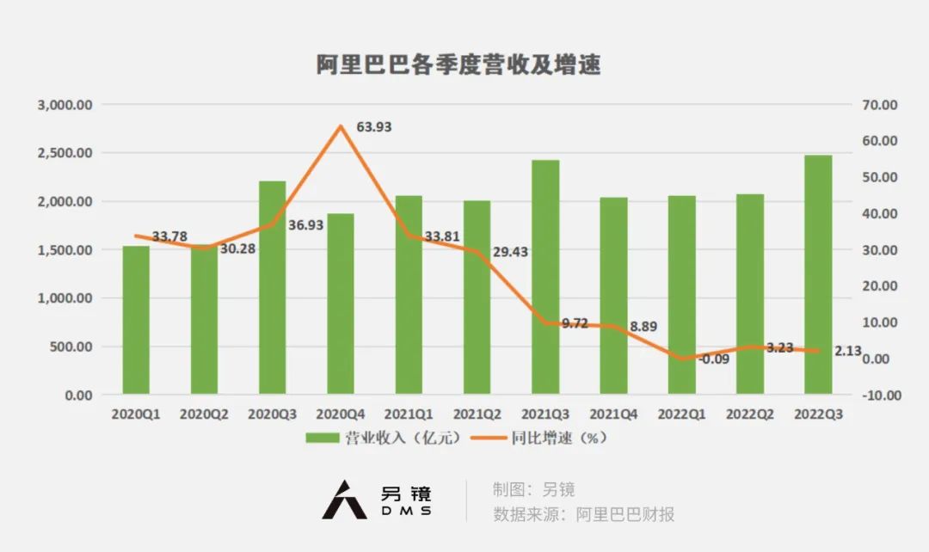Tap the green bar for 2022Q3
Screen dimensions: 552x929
[x=818, y=274]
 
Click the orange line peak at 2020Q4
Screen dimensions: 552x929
[x=341, y=126]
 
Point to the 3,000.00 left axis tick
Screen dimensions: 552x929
[x=65, y=105]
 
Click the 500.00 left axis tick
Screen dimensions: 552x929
[x=71, y=347]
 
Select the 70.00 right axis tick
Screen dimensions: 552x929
[x=879, y=105]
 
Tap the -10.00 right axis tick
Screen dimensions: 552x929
[x=879, y=396]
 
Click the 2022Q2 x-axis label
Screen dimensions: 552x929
[x=750, y=414]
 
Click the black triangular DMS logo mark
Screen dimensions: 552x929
[x=344, y=500]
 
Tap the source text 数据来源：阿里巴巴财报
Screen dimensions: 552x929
[x=583, y=514]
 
